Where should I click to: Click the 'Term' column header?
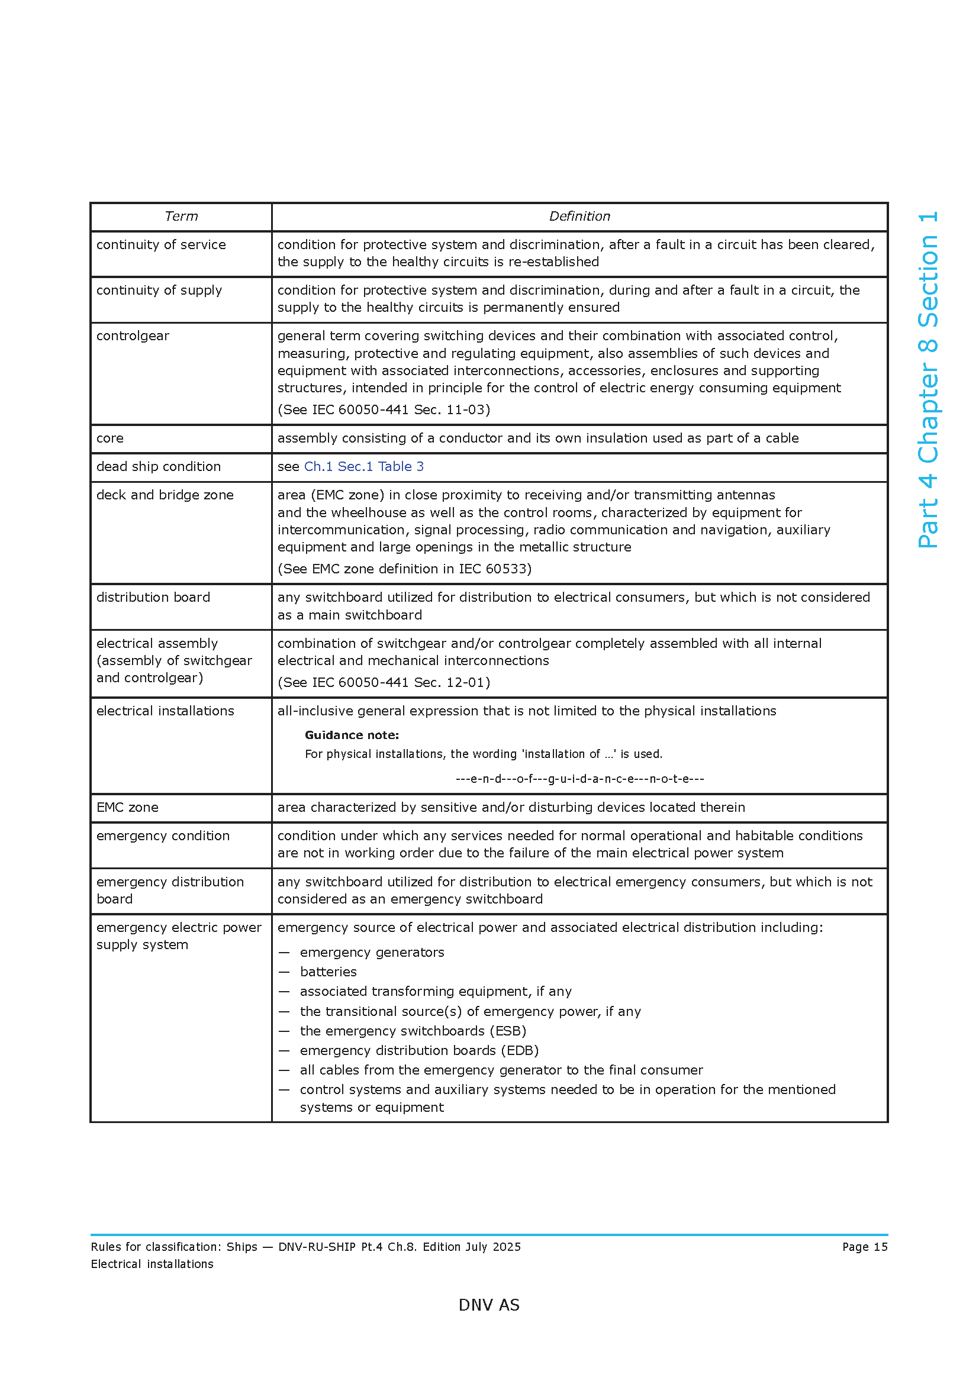click(x=181, y=217)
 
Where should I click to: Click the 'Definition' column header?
click(x=579, y=217)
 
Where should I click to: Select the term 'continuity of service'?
click(x=161, y=245)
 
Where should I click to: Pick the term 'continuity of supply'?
click(x=159, y=290)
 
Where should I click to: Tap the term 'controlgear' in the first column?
click(x=133, y=335)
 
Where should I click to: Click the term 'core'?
click(x=110, y=438)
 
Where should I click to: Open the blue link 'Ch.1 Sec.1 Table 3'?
click(x=363, y=466)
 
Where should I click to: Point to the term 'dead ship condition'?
click(x=159, y=466)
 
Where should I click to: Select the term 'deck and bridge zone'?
click(x=165, y=495)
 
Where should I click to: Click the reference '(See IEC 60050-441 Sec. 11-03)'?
click(x=384, y=410)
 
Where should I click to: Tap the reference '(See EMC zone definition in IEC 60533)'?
click(x=404, y=569)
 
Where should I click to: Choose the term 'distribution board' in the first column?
click(x=153, y=598)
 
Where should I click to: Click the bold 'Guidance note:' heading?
click(x=352, y=735)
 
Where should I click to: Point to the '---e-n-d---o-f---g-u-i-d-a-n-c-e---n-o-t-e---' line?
click(x=579, y=779)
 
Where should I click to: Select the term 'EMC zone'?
click(x=127, y=808)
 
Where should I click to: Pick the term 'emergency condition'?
click(x=163, y=836)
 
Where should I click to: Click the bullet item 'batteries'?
click(x=328, y=972)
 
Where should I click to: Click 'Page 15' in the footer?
click(x=864, y=1247)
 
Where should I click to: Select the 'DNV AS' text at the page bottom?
click(x=489, y=1305)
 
